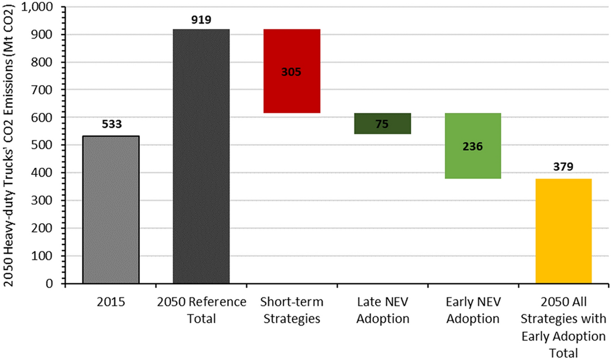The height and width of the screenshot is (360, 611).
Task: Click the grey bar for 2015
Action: tap(110, 209)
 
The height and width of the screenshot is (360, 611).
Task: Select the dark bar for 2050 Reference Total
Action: tap(201, 156)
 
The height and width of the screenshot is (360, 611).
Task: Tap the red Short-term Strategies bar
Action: tap(292, 71)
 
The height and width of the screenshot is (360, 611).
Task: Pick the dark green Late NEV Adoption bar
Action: tap(382, 123)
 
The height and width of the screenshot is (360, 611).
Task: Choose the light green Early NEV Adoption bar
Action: tap(472, 145)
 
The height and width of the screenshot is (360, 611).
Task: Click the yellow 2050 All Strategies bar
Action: tap(563, 231)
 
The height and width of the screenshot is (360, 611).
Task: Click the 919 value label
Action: tap(201, 20)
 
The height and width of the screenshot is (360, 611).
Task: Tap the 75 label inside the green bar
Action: tap(382, 124)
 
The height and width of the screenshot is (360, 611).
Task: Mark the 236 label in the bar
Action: tap(472, 146)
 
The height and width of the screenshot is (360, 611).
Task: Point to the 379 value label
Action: tap(563, 168)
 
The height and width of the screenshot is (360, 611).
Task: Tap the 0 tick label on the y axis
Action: tap(51, 284)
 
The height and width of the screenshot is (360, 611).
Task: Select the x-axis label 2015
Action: tap(111, 302)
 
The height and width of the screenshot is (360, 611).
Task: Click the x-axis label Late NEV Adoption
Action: tap(382, 310)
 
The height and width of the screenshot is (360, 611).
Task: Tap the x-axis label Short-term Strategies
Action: tap(292, 310)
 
